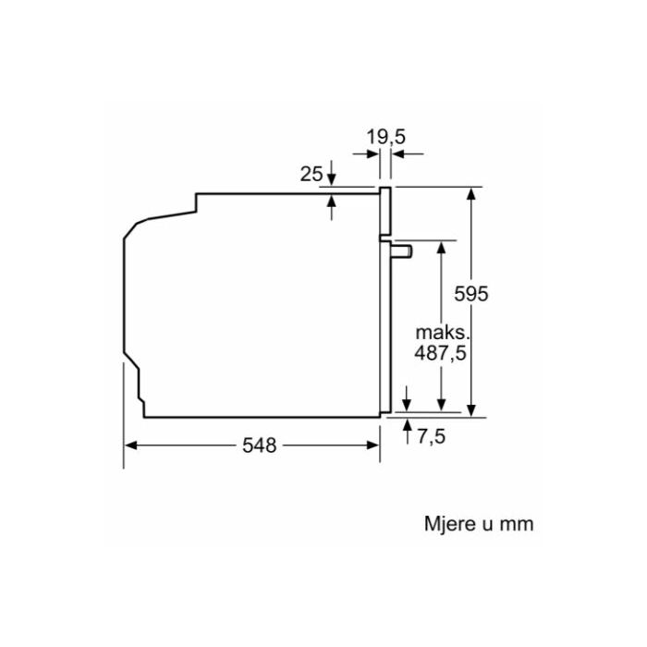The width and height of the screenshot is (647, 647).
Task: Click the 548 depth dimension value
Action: (259, 446)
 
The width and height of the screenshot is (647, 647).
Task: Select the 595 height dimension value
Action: (470, 294)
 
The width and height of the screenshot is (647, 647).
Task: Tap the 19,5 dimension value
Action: (386, 137)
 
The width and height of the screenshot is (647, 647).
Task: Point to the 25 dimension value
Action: (311, 174)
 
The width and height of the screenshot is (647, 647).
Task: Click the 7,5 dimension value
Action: (432, 436)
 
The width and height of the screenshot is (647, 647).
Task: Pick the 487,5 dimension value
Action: (440, 353)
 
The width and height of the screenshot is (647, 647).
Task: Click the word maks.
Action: (443, 333)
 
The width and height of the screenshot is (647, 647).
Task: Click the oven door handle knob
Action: (401, 251)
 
